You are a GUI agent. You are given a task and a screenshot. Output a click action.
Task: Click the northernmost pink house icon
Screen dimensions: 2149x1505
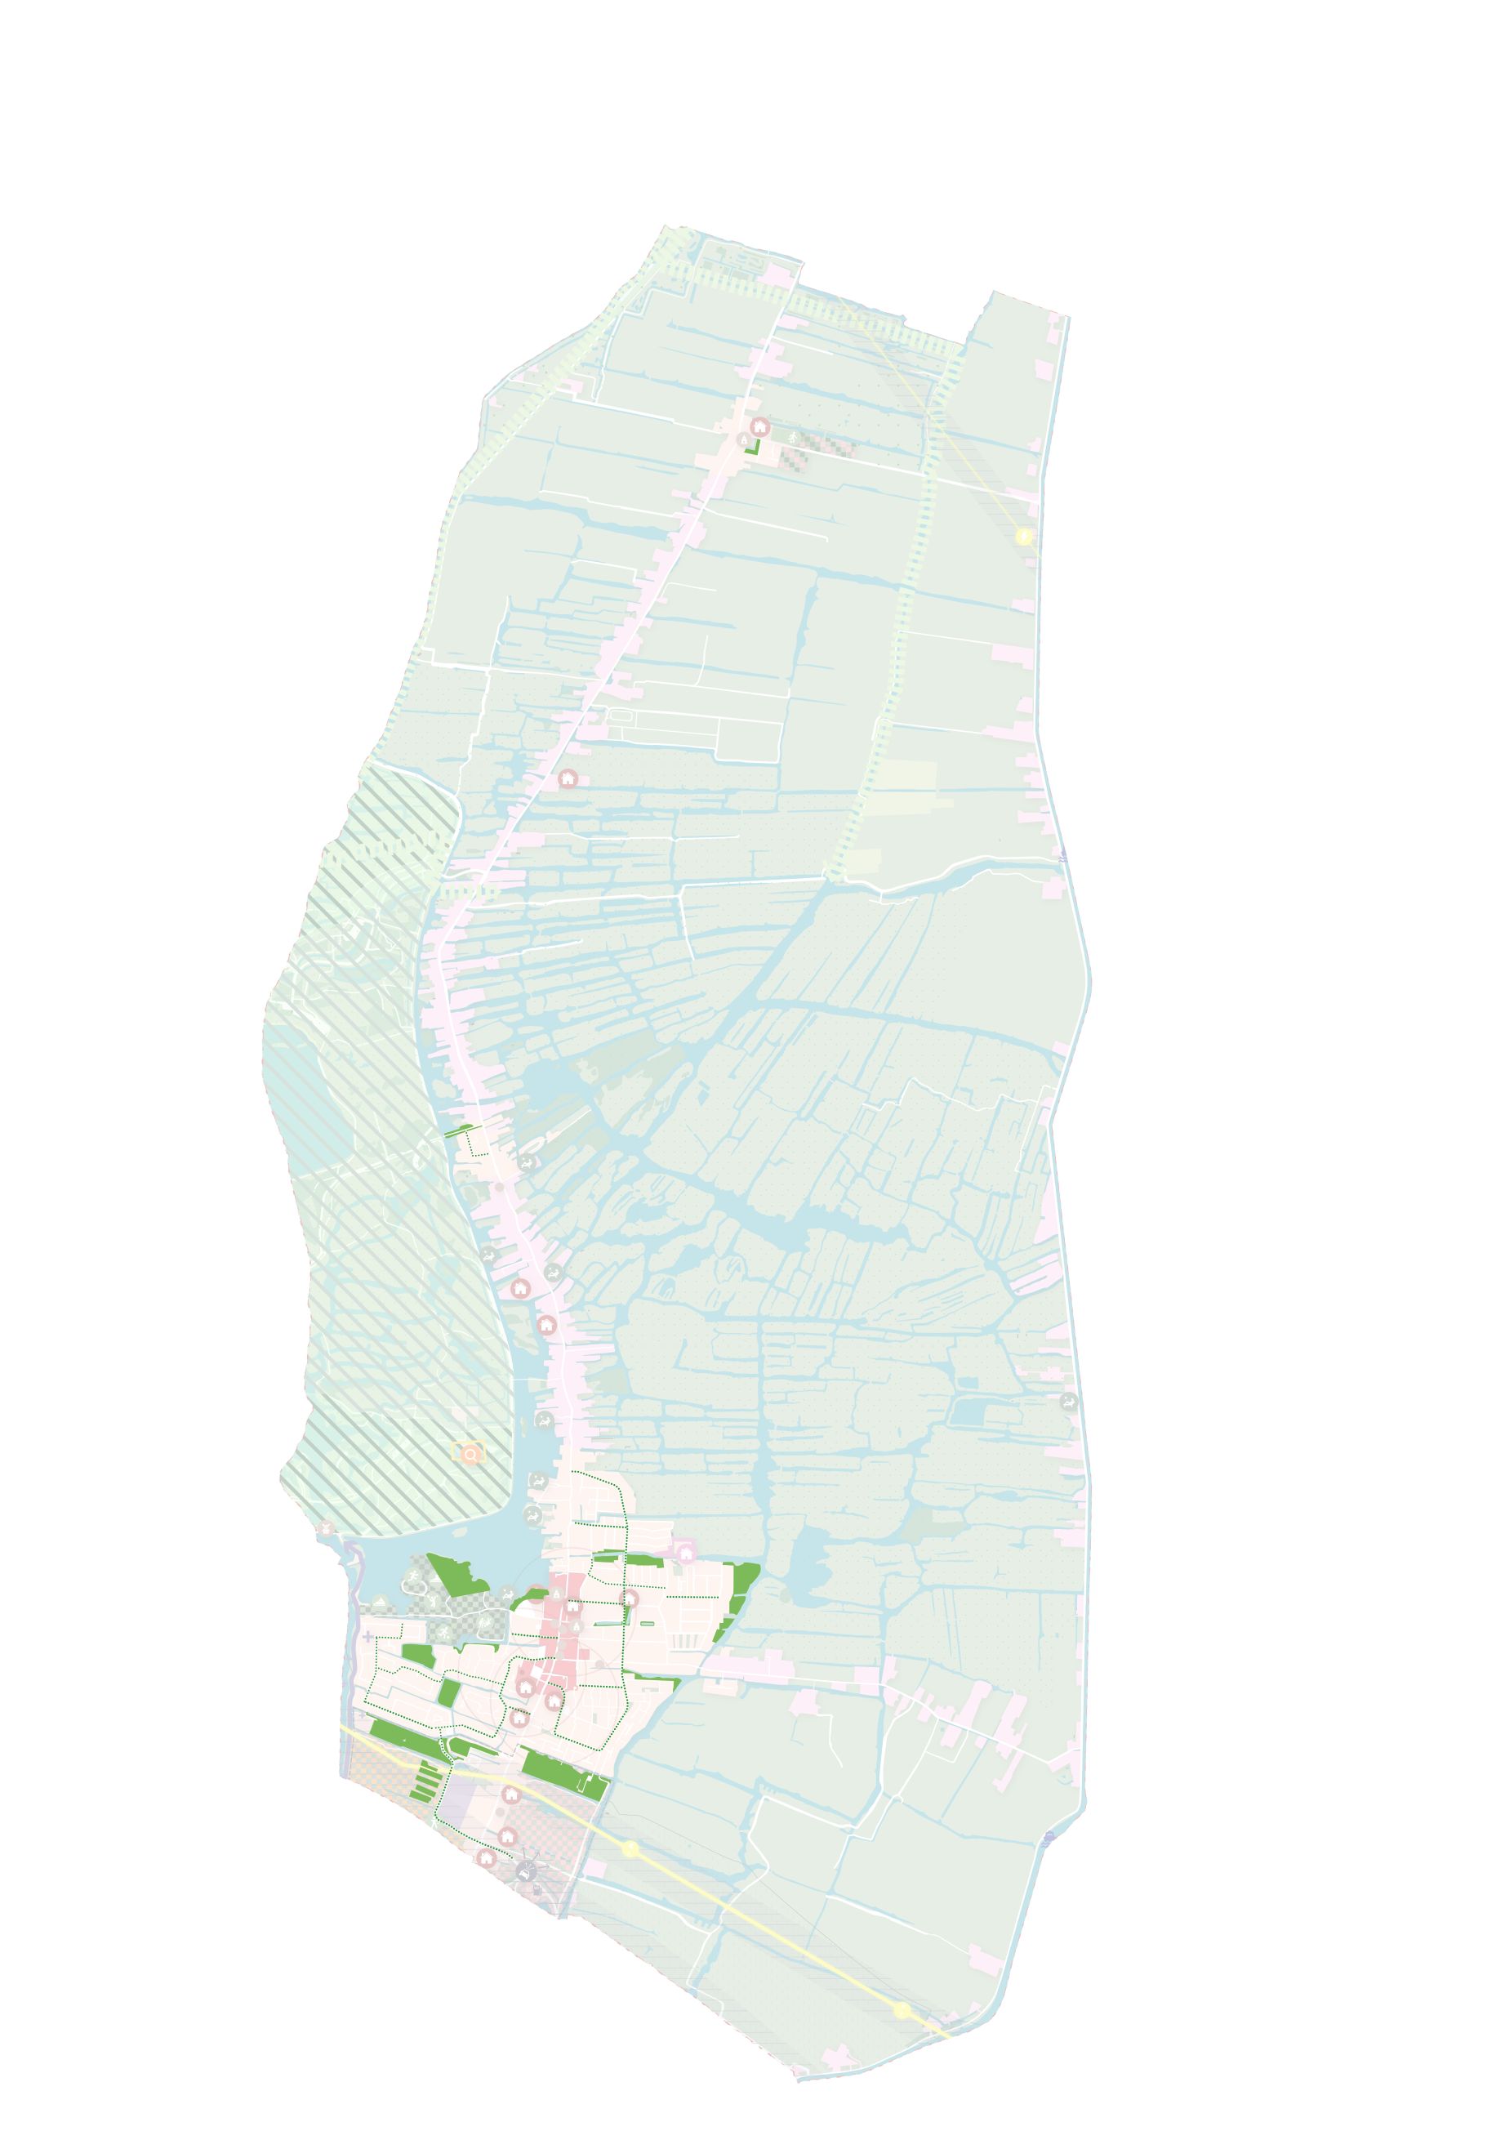click(x=760, y=428)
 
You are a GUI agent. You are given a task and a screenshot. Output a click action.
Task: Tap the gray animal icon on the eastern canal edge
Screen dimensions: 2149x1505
click(x=1068, y=1401)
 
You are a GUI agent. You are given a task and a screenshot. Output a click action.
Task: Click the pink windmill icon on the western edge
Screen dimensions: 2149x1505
click(x=326, y=1529)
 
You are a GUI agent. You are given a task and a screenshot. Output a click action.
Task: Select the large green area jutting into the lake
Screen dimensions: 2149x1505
click(x=456, y=1573)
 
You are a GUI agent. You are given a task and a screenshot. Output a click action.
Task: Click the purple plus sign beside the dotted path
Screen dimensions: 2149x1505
click(x=367, y=1636)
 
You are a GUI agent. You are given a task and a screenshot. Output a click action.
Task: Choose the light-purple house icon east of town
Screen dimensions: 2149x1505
click(x=685, y=1554)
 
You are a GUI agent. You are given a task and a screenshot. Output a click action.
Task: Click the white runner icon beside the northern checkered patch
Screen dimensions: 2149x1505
click(x=794, y=438)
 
